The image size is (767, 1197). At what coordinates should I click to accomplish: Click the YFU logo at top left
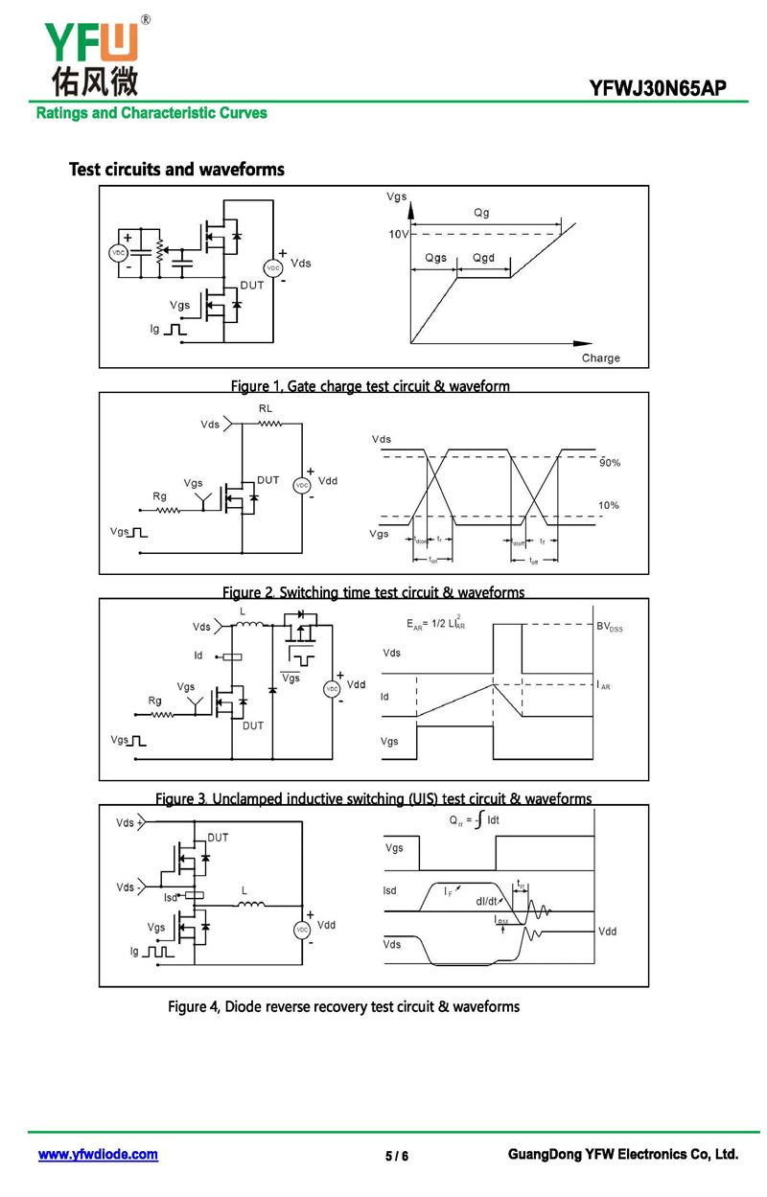(91, 56)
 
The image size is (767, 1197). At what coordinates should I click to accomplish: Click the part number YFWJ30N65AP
(658, 89)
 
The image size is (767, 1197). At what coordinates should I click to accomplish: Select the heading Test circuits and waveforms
(176, 170)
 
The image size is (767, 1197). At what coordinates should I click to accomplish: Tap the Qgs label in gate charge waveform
(435, 259)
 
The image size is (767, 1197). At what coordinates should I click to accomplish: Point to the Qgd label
(483, 259)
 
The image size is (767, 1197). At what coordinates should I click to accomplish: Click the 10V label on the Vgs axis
(398, 235)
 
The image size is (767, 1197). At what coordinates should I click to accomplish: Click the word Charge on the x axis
(601, 358)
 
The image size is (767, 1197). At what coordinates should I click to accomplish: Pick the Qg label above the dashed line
(481, 213)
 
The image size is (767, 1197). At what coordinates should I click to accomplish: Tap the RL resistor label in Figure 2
(266, 409)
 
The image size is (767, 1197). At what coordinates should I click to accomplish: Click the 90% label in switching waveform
(610, 463)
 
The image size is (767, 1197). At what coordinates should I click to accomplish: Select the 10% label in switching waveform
(609, 505)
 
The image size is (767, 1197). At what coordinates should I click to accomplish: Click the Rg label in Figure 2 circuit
(159, 495)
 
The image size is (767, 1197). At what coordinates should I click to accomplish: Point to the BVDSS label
(609, 627)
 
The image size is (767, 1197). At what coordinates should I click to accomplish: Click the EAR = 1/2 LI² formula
(436, 624)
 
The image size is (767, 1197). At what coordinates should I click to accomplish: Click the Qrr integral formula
(474, 821)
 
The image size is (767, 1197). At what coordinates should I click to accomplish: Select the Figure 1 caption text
(370, 386)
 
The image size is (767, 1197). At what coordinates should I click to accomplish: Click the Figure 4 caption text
(343, 1006)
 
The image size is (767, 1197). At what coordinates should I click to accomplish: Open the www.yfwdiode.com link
(98, 1155)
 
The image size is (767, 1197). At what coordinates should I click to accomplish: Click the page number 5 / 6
(396, 1156)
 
